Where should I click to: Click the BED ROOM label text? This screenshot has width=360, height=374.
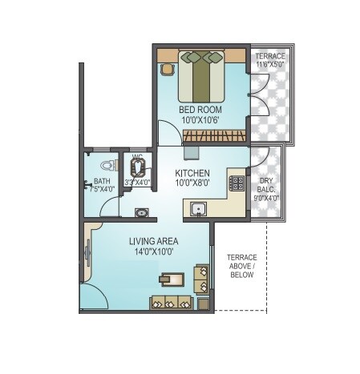[x=200, y=109]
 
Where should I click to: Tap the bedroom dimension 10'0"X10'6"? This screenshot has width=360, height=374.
[x=200, y=120]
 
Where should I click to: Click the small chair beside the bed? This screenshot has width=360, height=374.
[x=167, y=69]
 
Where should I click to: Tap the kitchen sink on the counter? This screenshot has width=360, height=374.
[x=200, y=211]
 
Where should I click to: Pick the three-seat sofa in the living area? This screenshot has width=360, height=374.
[x=171, y=303]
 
